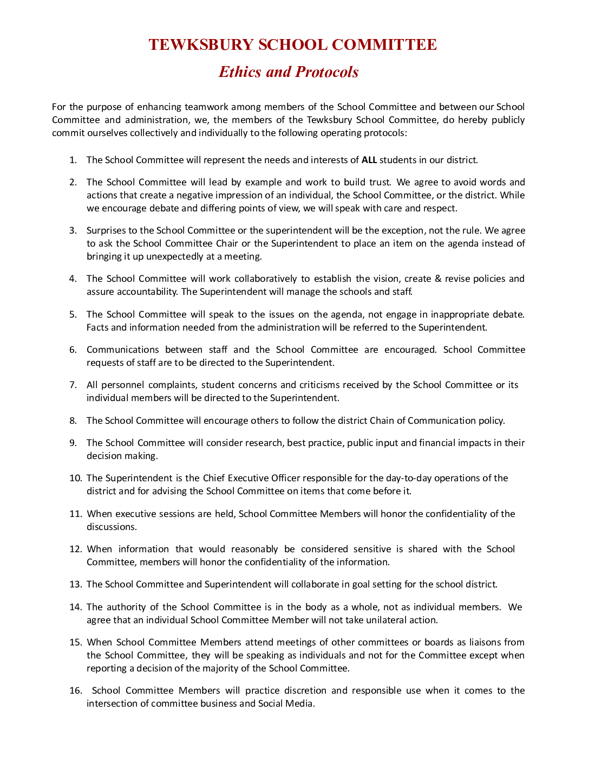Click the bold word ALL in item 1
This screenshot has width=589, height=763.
(x=369, y=160)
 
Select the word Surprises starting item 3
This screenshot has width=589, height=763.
(x=106, y=230)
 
